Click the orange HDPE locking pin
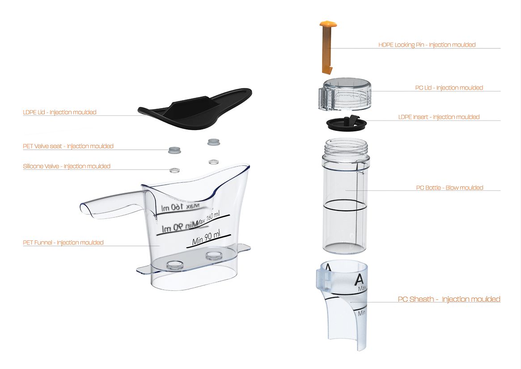[x=327, y=49]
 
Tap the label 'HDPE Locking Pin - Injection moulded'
[x=427, y=45]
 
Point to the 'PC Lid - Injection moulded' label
[x=449, y=88]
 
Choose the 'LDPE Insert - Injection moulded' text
[x=439, y=117]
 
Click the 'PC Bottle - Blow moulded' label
[x=449, y=188]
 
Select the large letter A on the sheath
[x=359, y=280]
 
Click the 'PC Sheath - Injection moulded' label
[x=449, y=299]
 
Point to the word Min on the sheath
[x=361, y=313]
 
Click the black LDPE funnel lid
[x=197, y=110]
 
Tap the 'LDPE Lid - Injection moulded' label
[x=59, y=112]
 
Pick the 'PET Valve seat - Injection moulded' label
[x=68, y=146]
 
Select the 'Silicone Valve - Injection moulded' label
[x=67, y=166]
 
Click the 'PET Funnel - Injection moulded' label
[x=63, y=243]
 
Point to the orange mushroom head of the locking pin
[x=328, y=24]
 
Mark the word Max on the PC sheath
[x=362, y=289]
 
